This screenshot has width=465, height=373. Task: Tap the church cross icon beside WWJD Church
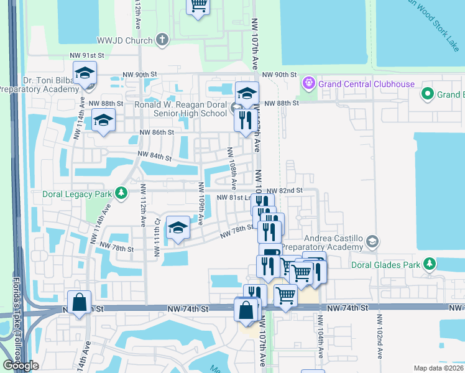162,40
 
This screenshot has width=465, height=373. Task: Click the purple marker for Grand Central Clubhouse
308,83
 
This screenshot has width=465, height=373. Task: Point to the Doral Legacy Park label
77,194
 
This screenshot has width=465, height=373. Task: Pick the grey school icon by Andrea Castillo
372,241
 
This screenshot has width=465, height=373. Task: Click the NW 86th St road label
157,132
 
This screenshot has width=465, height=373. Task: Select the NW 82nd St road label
284,190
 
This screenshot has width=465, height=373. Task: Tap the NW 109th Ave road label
200,202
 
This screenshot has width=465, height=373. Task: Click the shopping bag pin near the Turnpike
80,303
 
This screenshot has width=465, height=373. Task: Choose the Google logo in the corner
21,366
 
